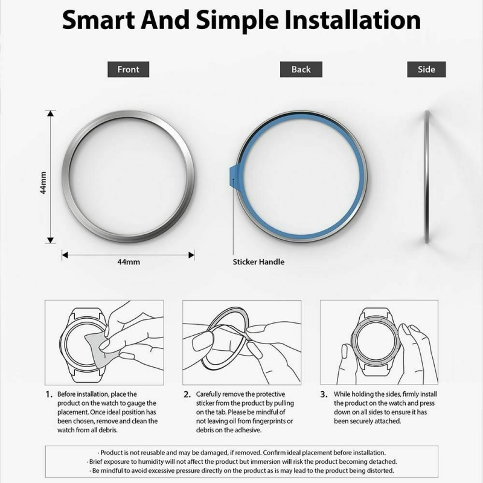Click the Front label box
tap(128, 69)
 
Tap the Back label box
tap(301, 69)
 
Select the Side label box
tap(426, 69)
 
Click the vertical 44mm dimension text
tap(43, 183)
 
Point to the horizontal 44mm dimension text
tap(129, 262)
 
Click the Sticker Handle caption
tap(258, 262)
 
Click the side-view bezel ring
tap(427, 177)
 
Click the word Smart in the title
tap(98, 21)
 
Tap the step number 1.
tap(49, 395)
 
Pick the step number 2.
tap(187, 395)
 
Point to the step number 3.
tap(324, 395)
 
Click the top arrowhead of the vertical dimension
tap(51, 113)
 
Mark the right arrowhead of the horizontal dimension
tap(191, 255)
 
